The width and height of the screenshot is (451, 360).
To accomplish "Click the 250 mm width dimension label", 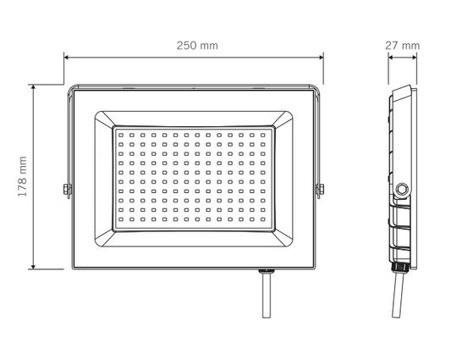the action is coord(197,46).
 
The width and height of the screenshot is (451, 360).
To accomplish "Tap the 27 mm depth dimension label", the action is coord(403,46).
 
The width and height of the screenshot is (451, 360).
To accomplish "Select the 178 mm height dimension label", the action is coord(23,176).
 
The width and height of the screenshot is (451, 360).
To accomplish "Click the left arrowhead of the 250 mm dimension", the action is coord(67,57).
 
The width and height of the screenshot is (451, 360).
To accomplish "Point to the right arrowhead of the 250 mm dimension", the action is coord(321,57).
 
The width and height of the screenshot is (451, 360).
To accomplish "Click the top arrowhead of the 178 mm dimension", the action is coord(33,87).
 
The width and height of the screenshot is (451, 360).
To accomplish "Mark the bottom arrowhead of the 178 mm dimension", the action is coord(33,266).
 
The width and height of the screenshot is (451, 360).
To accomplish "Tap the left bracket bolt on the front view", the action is coord(68,190).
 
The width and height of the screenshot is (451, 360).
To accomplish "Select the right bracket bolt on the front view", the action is coord(320,190).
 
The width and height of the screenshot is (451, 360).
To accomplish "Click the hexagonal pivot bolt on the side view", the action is coord(402,190).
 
